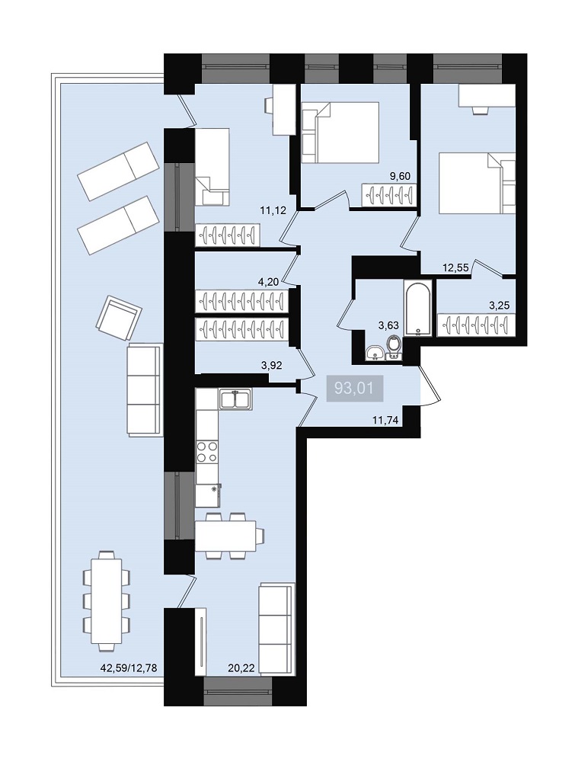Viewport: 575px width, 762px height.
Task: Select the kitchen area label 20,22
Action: pyautogui.click(x=241, y=668)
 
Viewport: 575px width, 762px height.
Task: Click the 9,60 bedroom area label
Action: pyautogui.click(x=400, y=176)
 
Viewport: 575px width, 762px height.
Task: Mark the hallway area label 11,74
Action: pyautogui.click(x=385, y=421)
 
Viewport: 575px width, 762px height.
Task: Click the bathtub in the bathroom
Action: pyautogui.click(x=417, y=309)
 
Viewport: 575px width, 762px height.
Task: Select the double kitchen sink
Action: pyautogui.click(x=235, y=399)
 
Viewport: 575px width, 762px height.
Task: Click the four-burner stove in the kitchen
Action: pyautogui.click(x=207, y=452)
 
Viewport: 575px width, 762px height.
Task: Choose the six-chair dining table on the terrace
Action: pyautogui.click(x=107, y=600)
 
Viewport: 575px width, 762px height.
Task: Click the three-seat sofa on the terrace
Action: pyautogui.click(x=144, y=390)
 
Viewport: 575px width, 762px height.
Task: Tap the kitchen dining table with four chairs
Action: pyautogui.click(x=228, y=536)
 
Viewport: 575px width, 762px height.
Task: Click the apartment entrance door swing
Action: pyautogui.click(x=430, y=386)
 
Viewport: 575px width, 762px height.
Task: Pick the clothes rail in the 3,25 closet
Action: pyautogui.click(x=475, y=325)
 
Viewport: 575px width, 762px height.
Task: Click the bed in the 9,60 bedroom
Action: pyautogui.click(x=340, y=132)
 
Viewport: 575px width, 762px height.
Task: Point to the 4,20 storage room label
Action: pyautogui.click(x=269, y=281)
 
